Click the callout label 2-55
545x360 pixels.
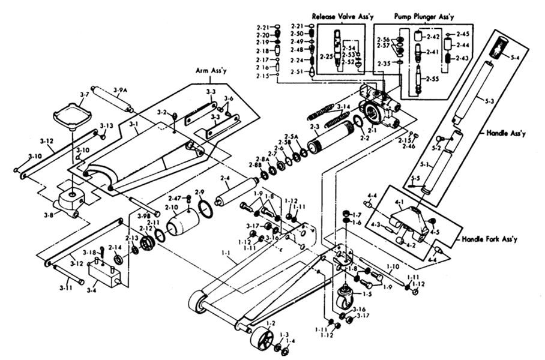(432, 79)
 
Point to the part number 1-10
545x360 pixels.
(393, 265)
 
